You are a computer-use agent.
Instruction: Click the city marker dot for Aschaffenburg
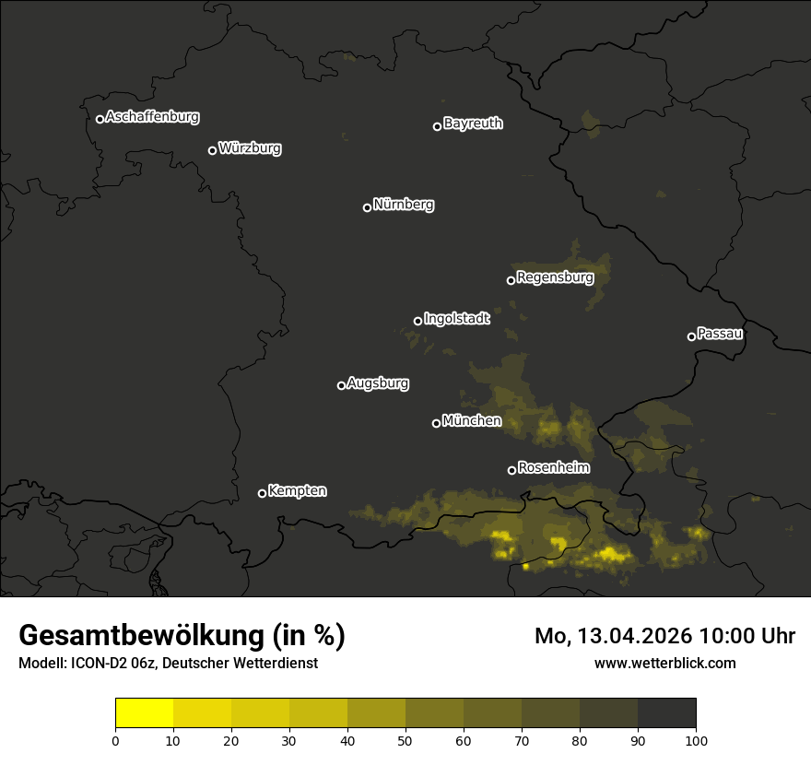coord(100,119)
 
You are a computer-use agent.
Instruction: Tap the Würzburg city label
coord(250,148)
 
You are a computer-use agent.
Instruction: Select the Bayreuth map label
coord(473,124)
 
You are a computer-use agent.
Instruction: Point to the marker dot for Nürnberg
coord(367,207)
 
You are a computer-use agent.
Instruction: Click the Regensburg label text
coord(555,277)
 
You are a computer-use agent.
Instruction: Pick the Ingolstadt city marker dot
coord(417,321)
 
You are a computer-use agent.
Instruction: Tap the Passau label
coord(720,334)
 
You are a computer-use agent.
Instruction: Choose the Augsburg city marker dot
coord(341,385)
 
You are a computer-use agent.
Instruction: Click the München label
coord(472,421)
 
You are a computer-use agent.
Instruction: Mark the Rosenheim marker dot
coord(511,471)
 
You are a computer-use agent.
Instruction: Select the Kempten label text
coord(297,491)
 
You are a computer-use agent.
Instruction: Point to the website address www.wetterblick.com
coord(664,663)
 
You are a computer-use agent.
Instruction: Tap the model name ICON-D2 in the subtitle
coord(92,663)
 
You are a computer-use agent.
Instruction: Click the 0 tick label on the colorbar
coord(115,740)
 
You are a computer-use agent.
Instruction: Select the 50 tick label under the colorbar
coord(405,740)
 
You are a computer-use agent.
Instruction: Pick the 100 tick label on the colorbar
coord(696,740)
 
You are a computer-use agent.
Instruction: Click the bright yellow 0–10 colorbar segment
coord(144,713)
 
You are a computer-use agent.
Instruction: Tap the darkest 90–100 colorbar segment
coord(666,713)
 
